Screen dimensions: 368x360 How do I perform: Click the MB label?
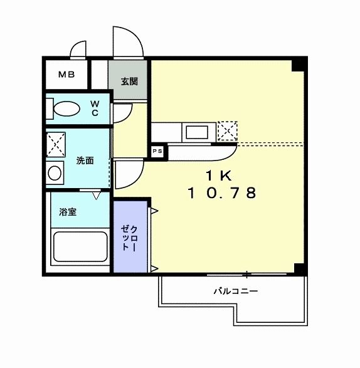point(66,75)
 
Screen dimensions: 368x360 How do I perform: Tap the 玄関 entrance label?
point(129,80)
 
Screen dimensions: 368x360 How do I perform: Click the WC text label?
point(95,108)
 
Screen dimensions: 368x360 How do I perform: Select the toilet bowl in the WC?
point(66,110)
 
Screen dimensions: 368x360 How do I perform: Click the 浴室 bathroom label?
point(68,212)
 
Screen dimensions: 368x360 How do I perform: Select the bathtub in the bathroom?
point(80,248)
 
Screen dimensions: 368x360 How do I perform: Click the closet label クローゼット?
point(130,238)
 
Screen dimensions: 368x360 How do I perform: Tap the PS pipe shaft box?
point(157,151)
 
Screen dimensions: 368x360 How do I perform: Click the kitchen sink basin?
point(198,132)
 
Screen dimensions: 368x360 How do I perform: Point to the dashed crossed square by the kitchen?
point(227,131)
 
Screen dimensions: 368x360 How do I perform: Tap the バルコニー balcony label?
point(235,291)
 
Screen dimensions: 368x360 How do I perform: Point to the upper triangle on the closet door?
point(154,211)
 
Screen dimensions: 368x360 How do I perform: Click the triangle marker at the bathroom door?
point(96,196)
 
